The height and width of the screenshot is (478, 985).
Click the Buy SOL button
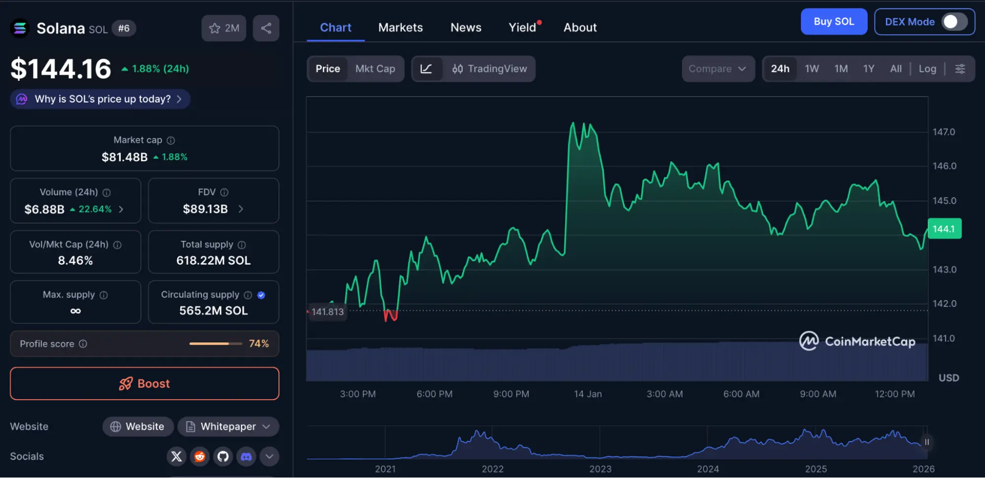[x=833, y=22]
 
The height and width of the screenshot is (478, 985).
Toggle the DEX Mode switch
[x=954, y=22]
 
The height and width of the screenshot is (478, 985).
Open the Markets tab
[x=400, y=28]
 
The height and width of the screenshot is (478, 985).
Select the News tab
[x=466, y=28]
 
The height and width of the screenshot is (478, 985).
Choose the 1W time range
[x=812, y=69]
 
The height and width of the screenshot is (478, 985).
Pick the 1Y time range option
[x=868, y=69]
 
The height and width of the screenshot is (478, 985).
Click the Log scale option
[x=927, y=69]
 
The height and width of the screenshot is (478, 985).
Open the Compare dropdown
[x=717, y=69]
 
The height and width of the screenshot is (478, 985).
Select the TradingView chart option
[x=490, y=69]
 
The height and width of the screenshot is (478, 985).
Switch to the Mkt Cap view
[x=375, y=69]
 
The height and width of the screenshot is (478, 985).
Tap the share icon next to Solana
[x=266, y=28]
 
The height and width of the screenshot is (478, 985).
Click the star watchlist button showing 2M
[x=224, y=28]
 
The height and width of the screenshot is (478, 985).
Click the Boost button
[x=144, y=383]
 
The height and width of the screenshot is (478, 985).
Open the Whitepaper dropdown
[x=228, y=427]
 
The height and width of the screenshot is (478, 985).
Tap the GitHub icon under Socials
[x=223, y=457]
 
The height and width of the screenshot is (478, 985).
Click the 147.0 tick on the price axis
[x=943, y=132]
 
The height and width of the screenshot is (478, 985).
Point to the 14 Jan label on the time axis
[x=587, y=394]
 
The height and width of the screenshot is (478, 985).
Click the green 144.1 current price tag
[x=944, y=229]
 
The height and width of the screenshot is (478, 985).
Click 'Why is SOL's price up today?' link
[x=102, y=99]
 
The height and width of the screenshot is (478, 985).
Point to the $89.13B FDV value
[x=205, y=209]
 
